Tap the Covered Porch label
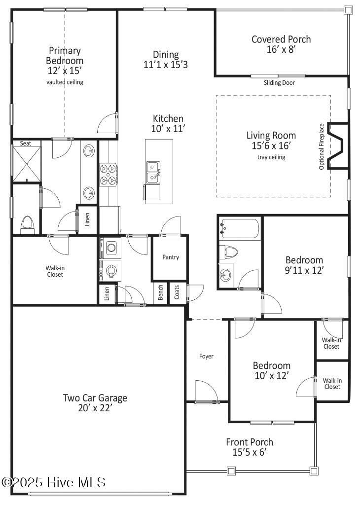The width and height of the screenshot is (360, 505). pyautogui.click(x=281, y=39)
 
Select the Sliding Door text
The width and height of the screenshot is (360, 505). pyautogui.click(x=279, y=83)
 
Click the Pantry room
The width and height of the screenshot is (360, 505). pyautogui.click(x=171, y=257)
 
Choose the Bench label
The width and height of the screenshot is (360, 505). pyautogui.click(x=161, y=294)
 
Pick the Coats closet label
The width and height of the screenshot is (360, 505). pyautogui.click(x=177, y=294)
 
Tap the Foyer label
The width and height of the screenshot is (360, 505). pyautogui.click(x=206, y=356)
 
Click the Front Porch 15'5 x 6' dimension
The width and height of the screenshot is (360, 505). pyautogui.click(x=249, y=452)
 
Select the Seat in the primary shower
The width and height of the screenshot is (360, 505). pyautogui.click(x=25, y=144)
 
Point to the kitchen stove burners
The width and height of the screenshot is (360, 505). pyautogui.click(x=108, y=175)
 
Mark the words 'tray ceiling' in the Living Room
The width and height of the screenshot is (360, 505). pyautogui.click(x=271, y=157)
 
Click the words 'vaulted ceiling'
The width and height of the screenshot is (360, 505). pyautogui.click(x=65, y=82)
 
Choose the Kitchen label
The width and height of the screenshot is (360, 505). pyautogui.click(x=168, y=119)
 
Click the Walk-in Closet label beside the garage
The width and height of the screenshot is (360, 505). pyautogui.click(x=55, y=271)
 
